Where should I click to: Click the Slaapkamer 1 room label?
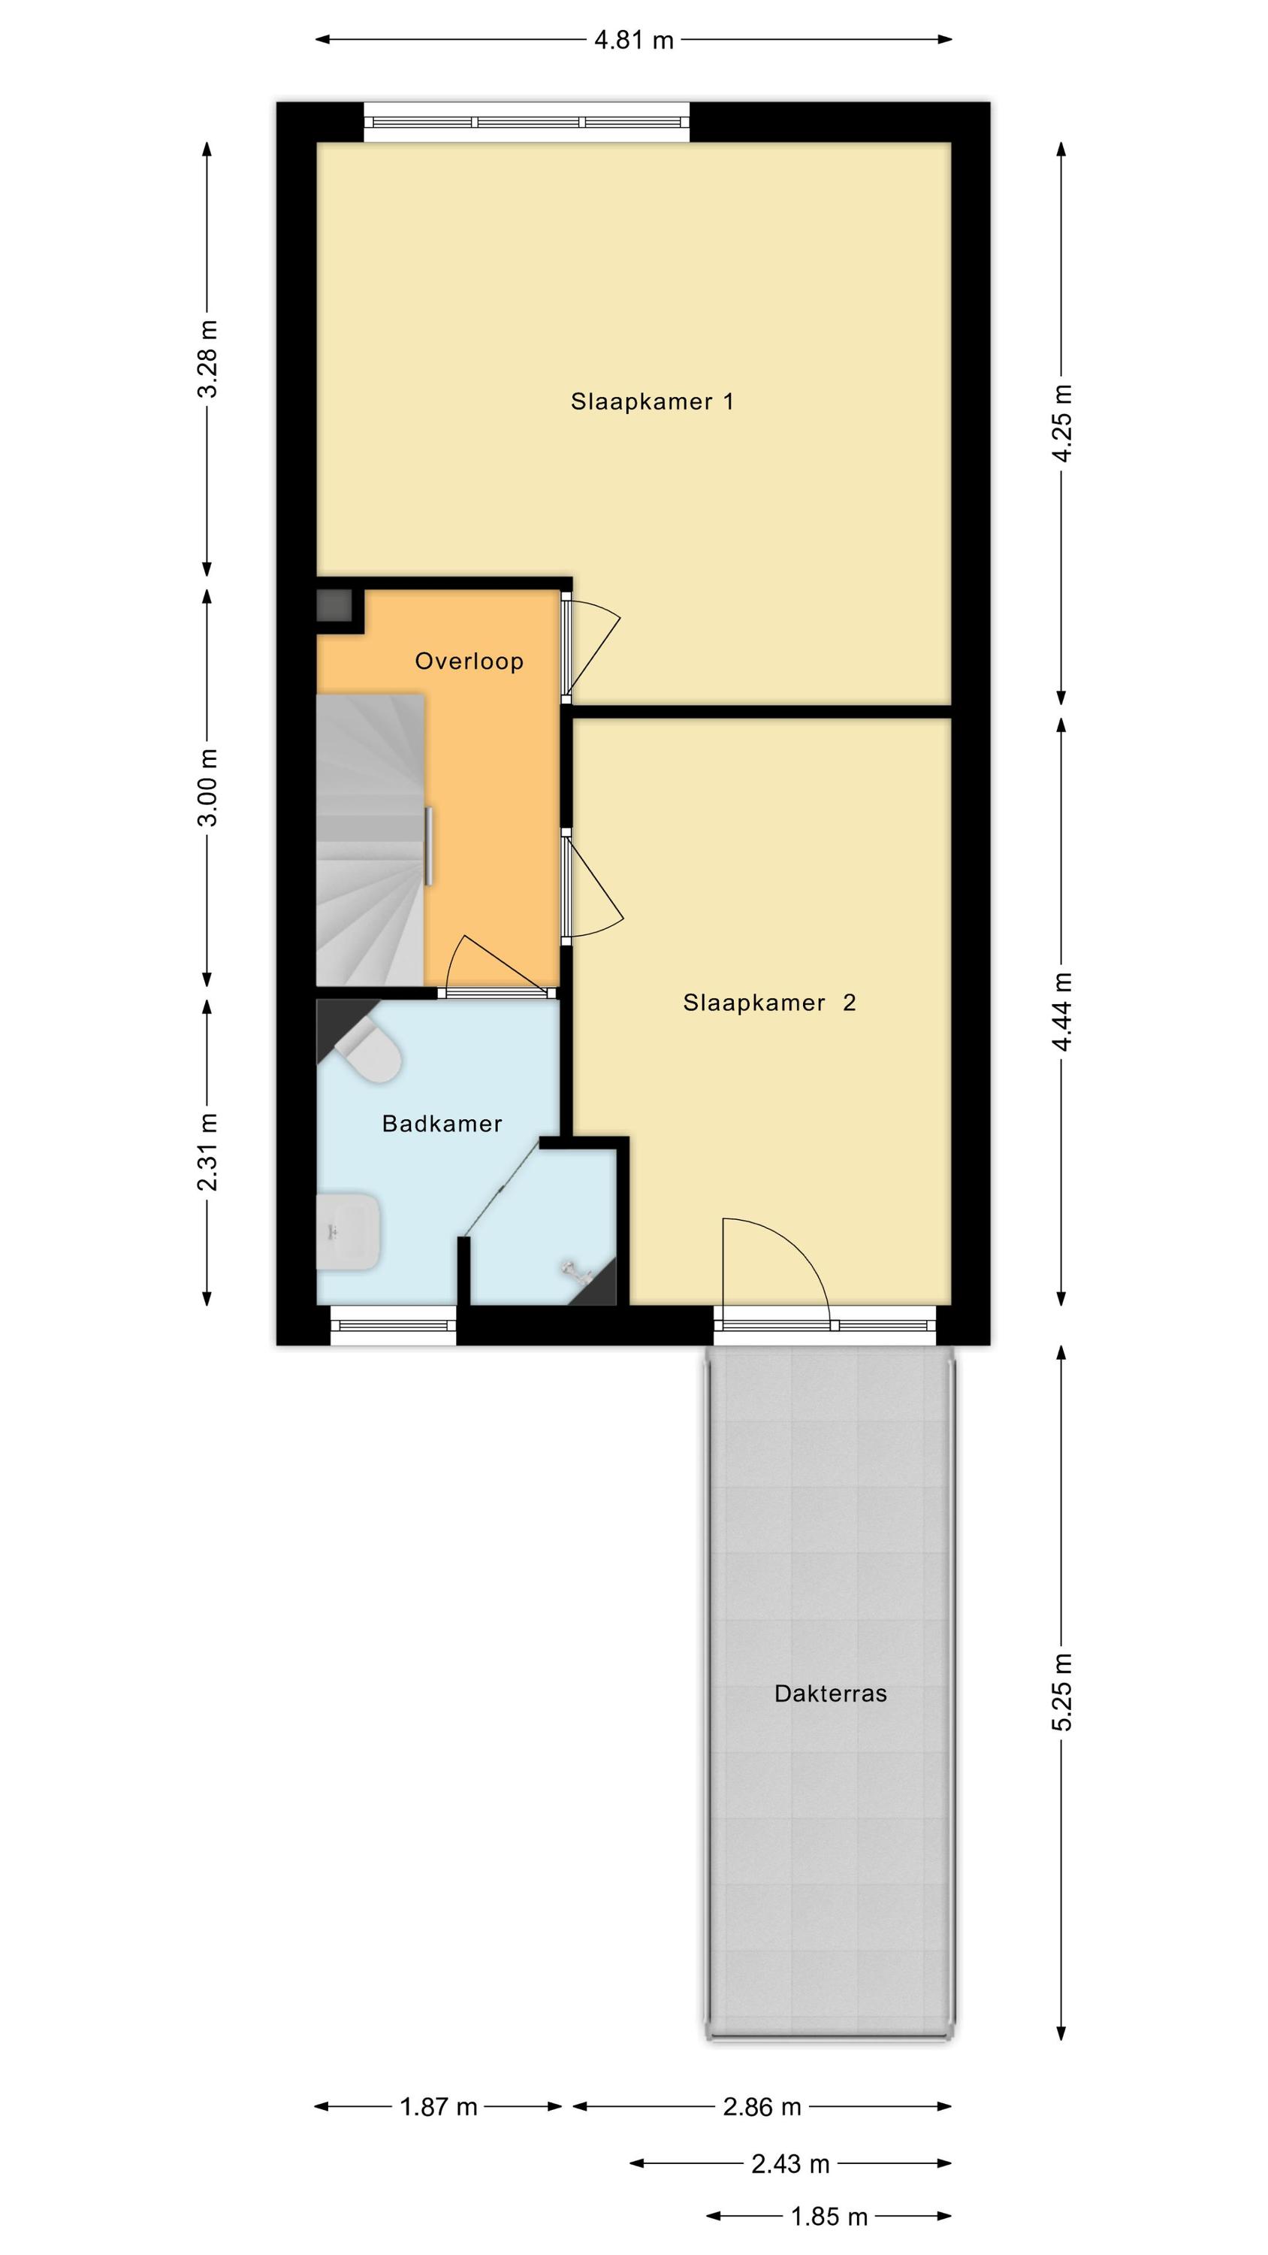pos(652,402)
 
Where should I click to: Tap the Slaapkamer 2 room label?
pos(769,1002)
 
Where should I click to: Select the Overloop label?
pos(469,661)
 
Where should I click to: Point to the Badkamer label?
pos(442,1123)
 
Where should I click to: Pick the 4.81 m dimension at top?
pos(633,41)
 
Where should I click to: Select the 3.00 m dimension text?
pos(208,788)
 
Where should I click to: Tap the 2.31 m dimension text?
pos(208,1153)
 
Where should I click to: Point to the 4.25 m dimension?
pos(1062,424)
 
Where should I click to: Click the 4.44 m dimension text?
pos(1062,1012)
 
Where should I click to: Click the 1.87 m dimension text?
pos(439,2106)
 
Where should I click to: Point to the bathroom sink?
pos(347,1232)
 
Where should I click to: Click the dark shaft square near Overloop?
pos(334,605)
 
